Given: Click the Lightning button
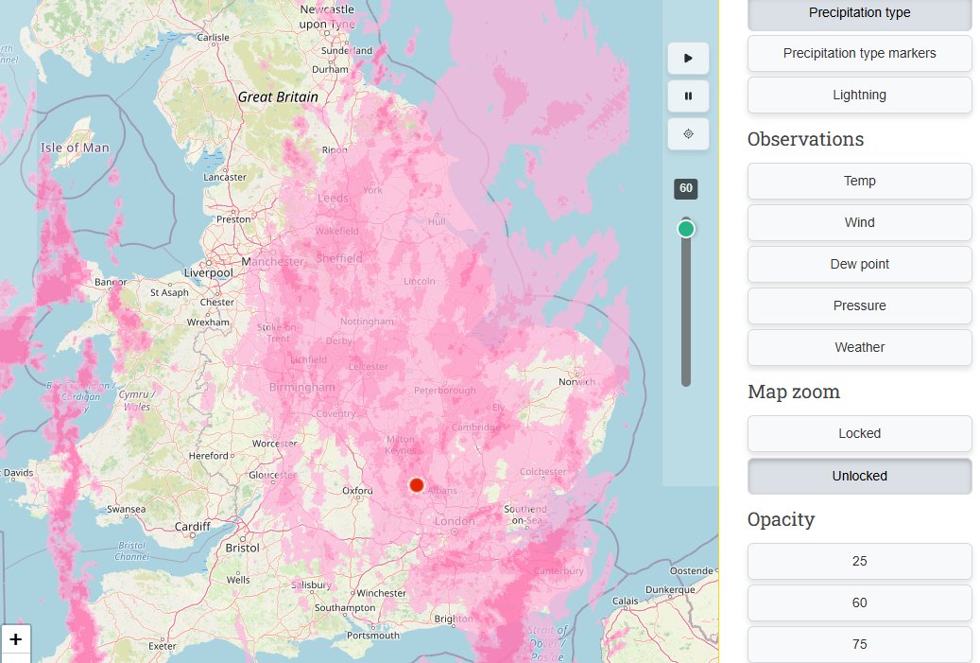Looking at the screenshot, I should pos(859,95).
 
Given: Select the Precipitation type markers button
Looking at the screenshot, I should pos(859,53).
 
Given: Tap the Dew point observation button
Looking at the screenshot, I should pos(859,264).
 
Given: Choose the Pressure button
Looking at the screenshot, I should pos(859,305).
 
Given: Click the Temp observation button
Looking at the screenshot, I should pos(859,181).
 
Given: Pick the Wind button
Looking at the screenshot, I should pos(859,222).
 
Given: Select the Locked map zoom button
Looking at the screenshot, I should pos(859,433).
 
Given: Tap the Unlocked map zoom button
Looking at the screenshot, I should pos(859,476).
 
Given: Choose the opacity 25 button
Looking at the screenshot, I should pos(859,561).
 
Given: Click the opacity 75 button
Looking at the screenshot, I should pos(859,644).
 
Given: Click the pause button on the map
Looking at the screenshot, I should pos(688,96).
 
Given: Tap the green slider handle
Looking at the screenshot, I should pos(686,229).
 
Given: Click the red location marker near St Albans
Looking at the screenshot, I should pos(417,485).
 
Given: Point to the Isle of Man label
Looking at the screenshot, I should pos(75,148).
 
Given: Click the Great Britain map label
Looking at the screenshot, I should pos(278,96).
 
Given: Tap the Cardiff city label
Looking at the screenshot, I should pos(193,527).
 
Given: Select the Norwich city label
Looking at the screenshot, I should pos(576,382).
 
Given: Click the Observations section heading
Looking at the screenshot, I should pos(805,139).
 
